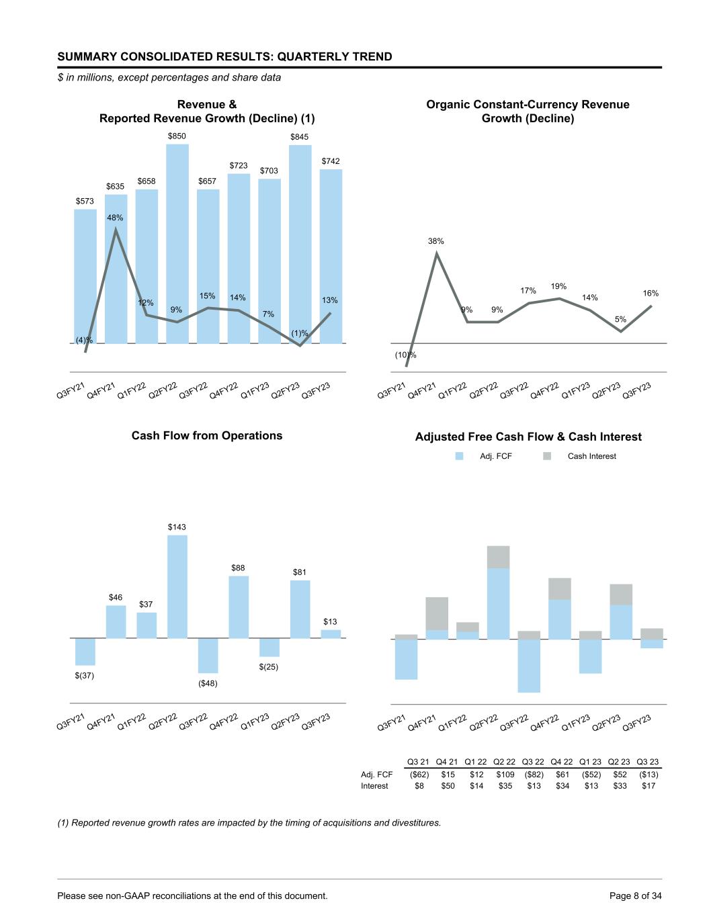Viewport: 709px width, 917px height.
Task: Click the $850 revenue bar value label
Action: click(177, 136)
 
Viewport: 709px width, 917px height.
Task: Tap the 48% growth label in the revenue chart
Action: click(115, 218)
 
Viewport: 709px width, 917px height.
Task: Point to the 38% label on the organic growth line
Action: click(436, 241)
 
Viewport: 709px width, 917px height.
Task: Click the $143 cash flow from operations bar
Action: click(177, 586)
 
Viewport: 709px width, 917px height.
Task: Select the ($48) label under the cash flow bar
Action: click(208, 683)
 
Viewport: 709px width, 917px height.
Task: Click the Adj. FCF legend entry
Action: click(495, 456)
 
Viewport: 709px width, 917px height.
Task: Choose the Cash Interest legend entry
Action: click(591, 456)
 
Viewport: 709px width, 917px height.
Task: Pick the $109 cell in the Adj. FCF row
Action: click(505, 774)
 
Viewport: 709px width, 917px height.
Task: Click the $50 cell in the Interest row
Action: click(448, 785)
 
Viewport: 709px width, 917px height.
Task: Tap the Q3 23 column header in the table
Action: click(647, 762)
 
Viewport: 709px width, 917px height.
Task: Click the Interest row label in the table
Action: click(374, 785)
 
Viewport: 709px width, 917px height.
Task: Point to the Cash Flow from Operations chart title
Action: click(207, 435)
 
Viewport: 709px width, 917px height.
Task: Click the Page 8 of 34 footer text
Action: click(635, 896)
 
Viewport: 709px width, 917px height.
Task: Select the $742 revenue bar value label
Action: click(331, 161)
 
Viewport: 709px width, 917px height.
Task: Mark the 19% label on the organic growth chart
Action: click(558, 286)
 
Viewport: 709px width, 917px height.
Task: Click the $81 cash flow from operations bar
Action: click(300, 609)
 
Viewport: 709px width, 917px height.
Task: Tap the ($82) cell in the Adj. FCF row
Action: click(533, 774)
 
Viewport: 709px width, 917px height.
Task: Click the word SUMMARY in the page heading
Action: click(89, 56)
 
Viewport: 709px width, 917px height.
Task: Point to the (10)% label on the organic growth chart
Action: click(405, 355)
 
